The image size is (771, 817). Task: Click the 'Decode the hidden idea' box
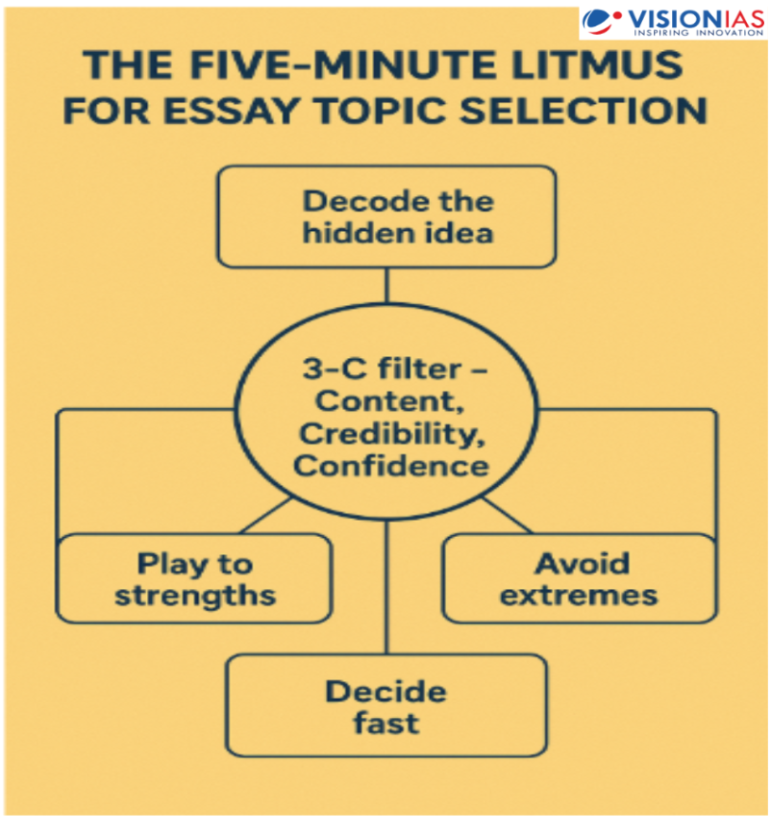point(385,217)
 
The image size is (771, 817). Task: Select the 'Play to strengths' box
point(194,577)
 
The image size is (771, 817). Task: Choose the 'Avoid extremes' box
point(579,577)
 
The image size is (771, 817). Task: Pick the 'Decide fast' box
point(385,705)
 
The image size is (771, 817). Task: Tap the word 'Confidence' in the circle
point(389,466)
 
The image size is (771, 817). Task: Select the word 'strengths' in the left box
point(194,595)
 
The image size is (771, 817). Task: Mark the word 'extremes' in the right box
point(579,595)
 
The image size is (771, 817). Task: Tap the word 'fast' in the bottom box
point(385,723)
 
